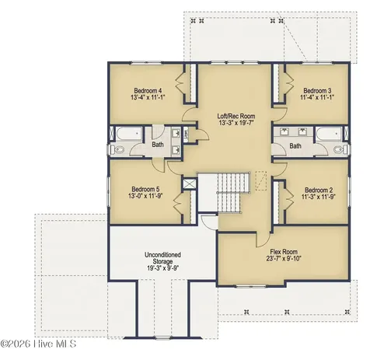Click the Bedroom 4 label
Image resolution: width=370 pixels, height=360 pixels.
tap(148, 91)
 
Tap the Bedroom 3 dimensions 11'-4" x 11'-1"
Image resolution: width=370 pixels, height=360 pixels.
tap(317, 97)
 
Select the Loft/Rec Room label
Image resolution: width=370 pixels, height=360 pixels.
tap(236, 116)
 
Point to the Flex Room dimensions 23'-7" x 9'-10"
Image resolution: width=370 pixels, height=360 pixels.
tap(284, 258)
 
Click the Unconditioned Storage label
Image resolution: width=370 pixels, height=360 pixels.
tap(162, 258)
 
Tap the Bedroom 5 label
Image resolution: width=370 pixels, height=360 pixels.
tap(145, 189)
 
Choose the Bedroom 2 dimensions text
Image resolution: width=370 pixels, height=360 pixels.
tap(319, 197)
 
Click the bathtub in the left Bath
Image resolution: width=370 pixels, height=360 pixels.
tap(128, 134)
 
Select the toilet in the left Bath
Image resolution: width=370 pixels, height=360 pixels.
tap(117, 149)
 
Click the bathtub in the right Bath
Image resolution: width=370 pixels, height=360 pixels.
tap(329, 134)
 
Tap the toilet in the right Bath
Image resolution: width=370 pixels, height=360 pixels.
tap(340, 149)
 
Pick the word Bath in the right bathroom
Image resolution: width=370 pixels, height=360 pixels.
tap(295, 146)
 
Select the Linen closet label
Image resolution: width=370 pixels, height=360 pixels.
tap(186, 135)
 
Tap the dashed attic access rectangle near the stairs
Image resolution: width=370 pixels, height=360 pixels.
tap(261, 180)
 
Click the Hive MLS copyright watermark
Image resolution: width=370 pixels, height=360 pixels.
tap(38, 344)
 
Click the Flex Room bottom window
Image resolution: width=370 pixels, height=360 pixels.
tap(251, 286)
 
